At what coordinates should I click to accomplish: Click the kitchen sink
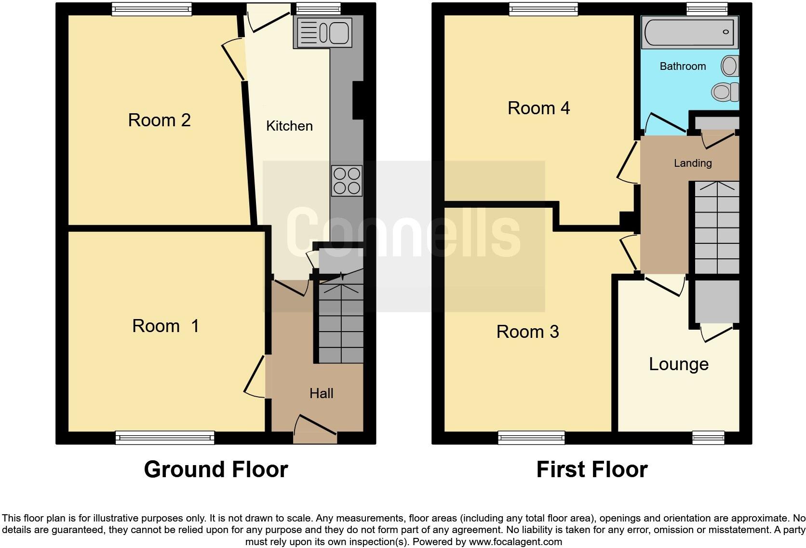(322, 33)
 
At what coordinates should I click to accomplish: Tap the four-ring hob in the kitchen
(347, 181)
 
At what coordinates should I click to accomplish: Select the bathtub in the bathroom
(690, 32)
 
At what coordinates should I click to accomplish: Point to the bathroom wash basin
(730, 66)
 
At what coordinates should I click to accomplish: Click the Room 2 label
(159, 120)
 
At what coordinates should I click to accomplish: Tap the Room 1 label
(165, 326)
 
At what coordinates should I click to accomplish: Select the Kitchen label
(289, 126)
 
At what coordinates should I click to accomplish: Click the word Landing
(692, 163)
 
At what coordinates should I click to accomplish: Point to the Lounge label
(678, 364)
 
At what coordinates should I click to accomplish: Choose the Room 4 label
(538, 108)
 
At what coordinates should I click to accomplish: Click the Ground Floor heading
(215, 469)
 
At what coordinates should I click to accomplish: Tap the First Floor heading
(591, 469)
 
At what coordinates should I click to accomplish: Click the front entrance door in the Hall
(315, 430)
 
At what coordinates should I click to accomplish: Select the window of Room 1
(165, 438)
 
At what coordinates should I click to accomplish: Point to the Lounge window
(708, 438)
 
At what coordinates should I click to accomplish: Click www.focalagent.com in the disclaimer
(515, 542)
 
